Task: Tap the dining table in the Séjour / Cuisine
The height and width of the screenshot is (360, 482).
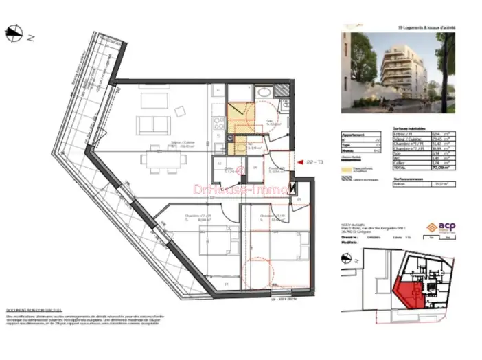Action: [x=165, y=159]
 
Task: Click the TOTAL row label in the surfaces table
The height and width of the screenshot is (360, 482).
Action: [x=400, y=166]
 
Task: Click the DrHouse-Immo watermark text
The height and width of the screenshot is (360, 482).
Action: [x=230, y=188]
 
